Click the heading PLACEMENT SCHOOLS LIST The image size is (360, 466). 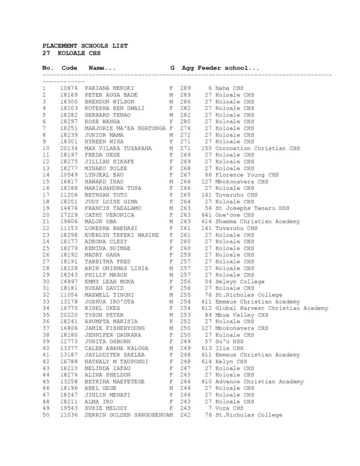tap(85, 46)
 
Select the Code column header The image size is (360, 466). tap(69, 68)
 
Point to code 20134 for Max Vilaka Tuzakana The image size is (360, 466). tap(69, 148)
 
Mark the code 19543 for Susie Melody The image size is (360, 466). tap(69, 408)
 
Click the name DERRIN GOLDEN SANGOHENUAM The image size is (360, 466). tap(129, 415)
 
